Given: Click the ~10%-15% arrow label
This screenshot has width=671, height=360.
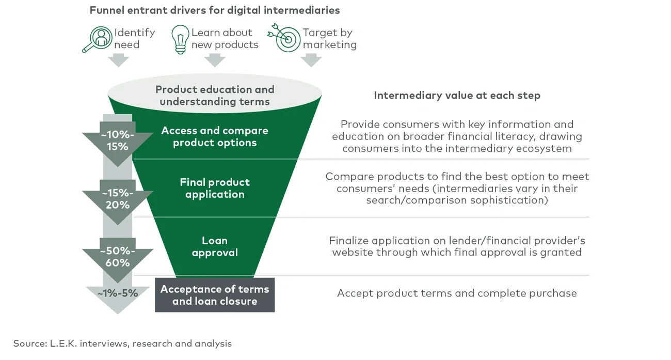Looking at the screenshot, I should point(118,140).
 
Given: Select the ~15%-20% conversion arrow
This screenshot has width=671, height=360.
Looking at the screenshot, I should point(118,199).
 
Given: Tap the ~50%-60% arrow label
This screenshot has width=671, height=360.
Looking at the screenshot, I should point(118,257).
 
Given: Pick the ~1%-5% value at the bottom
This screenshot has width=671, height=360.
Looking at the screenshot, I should point(118,293).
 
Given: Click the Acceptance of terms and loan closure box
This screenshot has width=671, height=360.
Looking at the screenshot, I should point(215,295).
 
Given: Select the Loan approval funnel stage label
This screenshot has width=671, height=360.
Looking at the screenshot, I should point(215,246).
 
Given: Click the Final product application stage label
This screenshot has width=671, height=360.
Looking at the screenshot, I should point(215,188).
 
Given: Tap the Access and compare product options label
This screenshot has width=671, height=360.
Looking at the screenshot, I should point(215,137).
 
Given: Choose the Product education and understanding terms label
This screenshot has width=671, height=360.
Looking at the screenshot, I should point(215,96).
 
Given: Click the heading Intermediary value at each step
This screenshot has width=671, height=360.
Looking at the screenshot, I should point(457,96).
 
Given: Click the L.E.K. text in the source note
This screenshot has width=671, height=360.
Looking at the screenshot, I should point(63,343).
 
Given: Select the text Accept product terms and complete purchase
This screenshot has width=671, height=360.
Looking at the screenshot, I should point(457,293).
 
